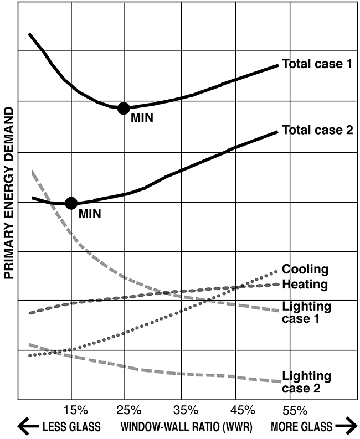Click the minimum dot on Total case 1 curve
click(124, 108)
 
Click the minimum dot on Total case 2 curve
click(71, 203)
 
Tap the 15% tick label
click(76, 410)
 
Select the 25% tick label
click(130, 410)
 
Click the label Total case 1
click(317, 64)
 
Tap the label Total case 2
click(317, 131)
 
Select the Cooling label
click(305, 270)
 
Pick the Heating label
click(305, 285)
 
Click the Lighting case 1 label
click(306, 312)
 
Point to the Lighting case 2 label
click(306, 382)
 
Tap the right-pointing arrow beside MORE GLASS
click(345, 426)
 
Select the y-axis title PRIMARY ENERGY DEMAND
click(9, 193)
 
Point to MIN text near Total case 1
click(141, 117)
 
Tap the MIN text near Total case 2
click(90, 213)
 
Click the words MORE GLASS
click(301, 426)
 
